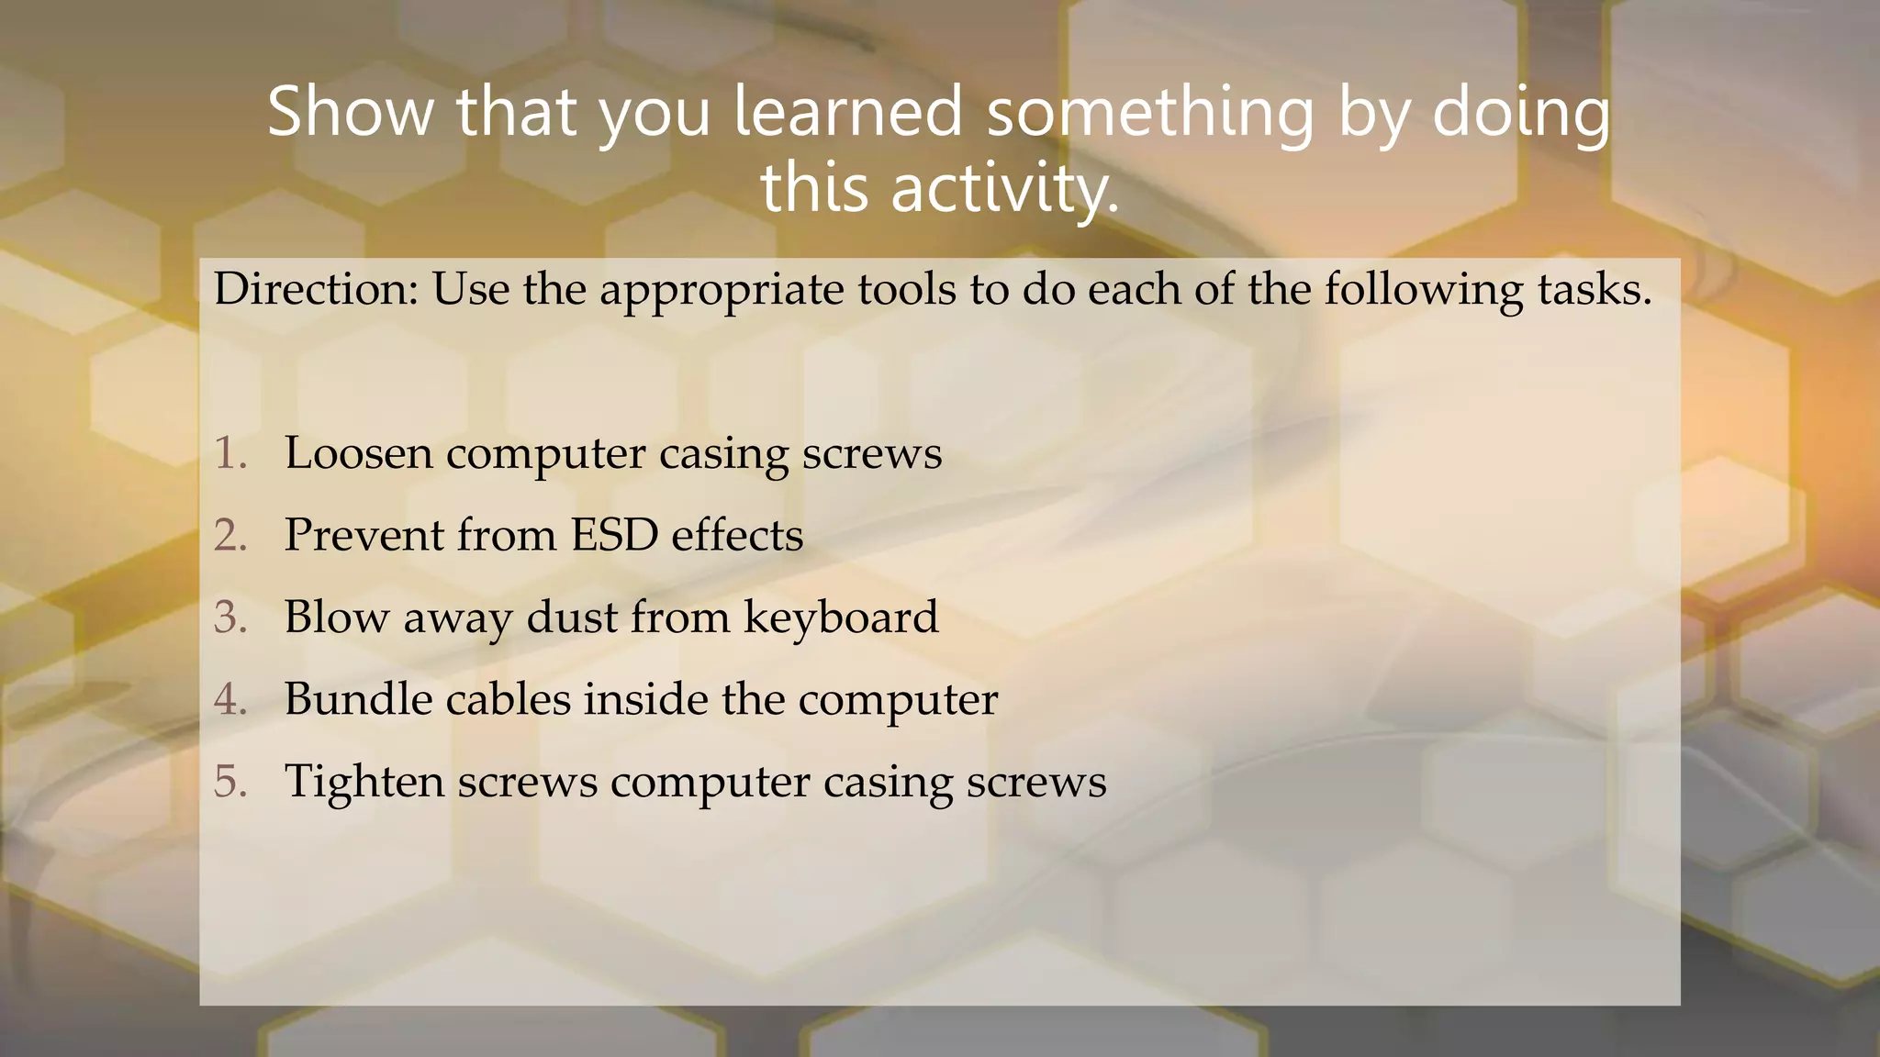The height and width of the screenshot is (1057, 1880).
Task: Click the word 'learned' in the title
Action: click(x=847, y=111)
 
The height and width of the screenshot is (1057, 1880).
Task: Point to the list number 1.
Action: click(x=230, y=453)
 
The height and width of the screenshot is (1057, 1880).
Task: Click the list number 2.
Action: click(x=230, y=535)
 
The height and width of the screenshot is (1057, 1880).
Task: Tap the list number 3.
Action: click(x=230, y=617)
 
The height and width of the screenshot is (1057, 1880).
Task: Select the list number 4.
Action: click(x=230, y=699)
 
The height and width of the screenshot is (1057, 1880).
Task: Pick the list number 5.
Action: click(x=230, y=781)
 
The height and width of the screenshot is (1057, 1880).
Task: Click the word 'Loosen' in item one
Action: click(x=358, y=453)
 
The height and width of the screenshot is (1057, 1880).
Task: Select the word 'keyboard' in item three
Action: click(x=841, y=618)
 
